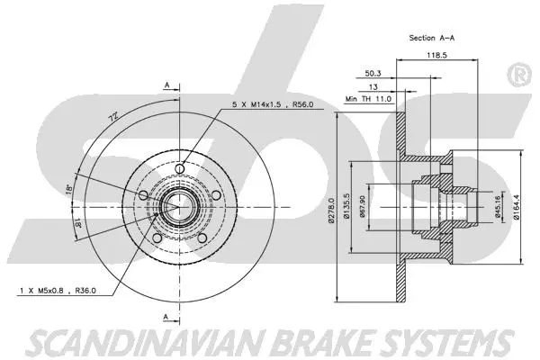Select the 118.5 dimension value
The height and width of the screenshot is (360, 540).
(438, 57)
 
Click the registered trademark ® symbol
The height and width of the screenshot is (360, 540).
(519, 74)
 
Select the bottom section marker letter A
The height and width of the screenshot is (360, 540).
(167, 314)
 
